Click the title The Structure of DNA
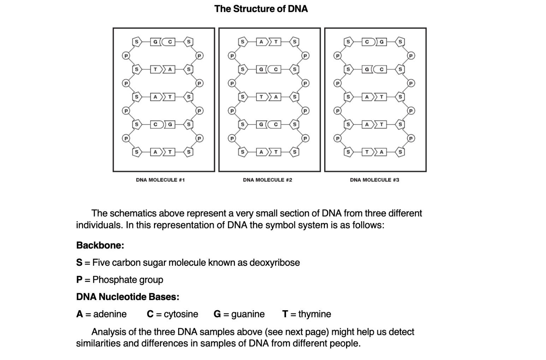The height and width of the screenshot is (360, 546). tap(261, 9)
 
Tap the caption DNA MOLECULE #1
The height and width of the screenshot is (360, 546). tap(160, 180)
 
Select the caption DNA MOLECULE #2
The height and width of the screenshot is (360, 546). tap(267, 180)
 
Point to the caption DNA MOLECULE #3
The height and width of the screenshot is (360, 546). tap(374, 180)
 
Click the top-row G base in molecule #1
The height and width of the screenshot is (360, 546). tap(155, 42)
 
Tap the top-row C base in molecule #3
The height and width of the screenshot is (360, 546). tap(368, 42)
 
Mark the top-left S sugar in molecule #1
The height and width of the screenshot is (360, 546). tap(137, 42)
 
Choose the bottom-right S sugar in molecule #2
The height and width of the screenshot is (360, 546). tap(295, 152)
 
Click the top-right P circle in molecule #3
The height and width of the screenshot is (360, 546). tap(411, 56)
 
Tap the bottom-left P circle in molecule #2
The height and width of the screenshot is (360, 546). tap(232, 138)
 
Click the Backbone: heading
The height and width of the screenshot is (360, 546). tap(100, 245)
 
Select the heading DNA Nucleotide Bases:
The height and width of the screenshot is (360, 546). tap(128, 297)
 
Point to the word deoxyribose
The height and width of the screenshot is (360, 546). tap(275, 263)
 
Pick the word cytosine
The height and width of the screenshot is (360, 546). tap(181, 314)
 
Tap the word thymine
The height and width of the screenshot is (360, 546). tap(315, 314)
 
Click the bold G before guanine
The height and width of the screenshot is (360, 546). tap(217, 314)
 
